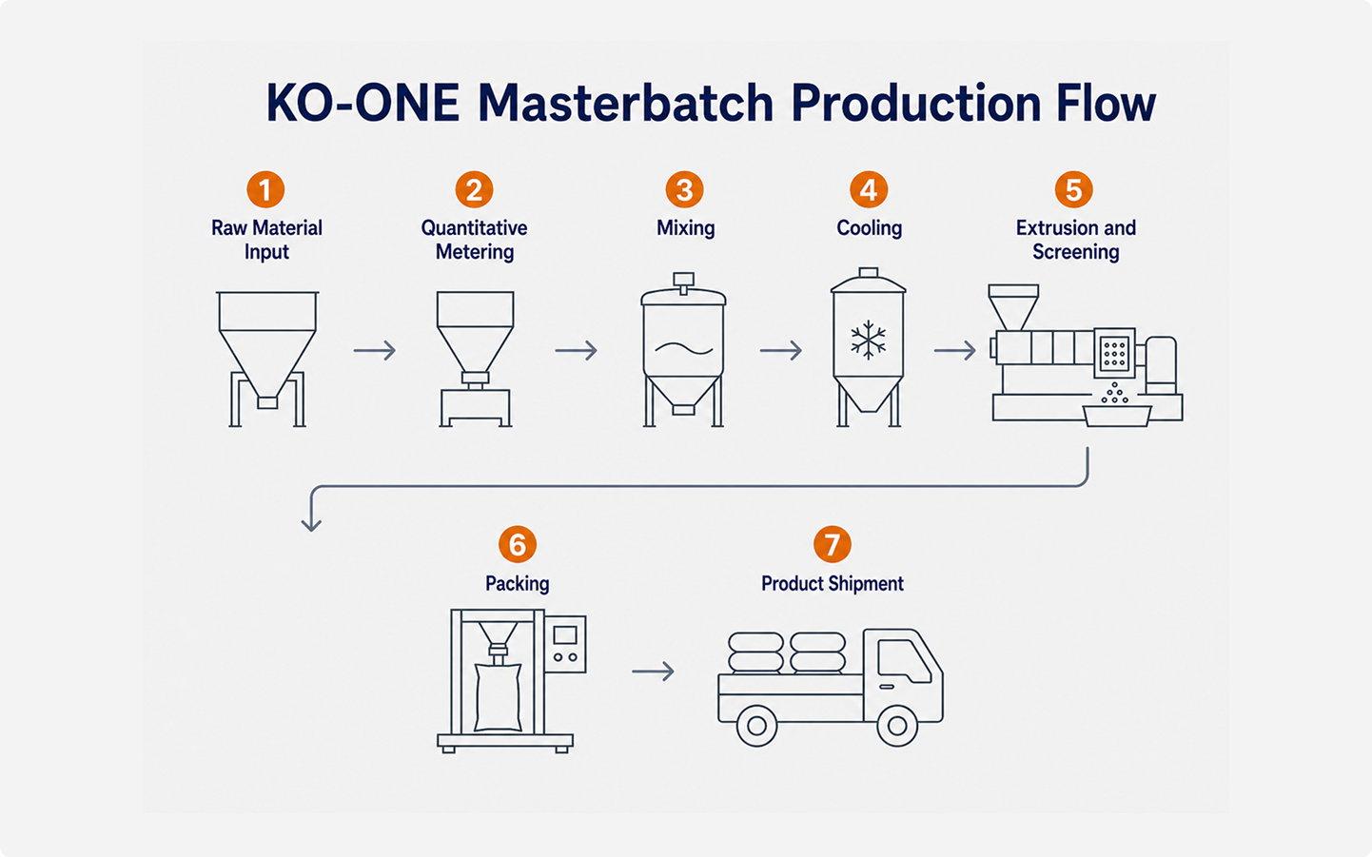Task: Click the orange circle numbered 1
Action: (265, 190)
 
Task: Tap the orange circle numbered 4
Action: (869, 190)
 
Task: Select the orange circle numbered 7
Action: (832, 544)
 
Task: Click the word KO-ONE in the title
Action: (363, 103)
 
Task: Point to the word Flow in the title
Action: (1107, 103)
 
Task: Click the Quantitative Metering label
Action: (474, 240)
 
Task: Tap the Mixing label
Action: (685, 228)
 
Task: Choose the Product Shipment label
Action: (832, 583)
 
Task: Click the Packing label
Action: (517, 583)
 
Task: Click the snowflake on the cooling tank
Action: (869, 340)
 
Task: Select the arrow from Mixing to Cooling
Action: (780, 350)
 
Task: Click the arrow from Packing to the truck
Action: (653, 672)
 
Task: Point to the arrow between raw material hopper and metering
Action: (375, 350)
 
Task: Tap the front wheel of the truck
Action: (897, 726)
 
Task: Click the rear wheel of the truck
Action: (756, 726)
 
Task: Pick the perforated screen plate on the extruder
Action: (1114, 353)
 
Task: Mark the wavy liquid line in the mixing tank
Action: (683, 348)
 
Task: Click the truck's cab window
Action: (903, 661)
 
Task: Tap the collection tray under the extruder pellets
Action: (1117, 417)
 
